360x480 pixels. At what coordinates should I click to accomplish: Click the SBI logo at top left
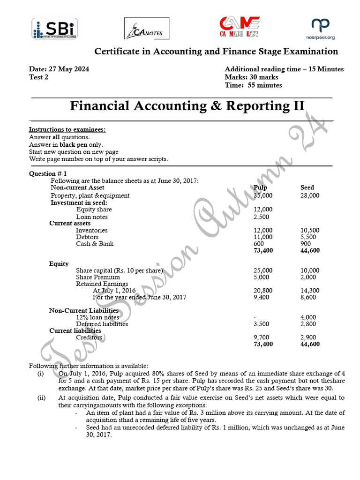(55, 29)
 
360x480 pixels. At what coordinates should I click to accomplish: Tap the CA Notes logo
(146, 29)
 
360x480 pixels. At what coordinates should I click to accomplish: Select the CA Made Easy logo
(240, 27)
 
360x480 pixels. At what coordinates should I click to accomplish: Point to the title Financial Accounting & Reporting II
(187, 106)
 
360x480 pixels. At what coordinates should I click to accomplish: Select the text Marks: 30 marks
(251, 77)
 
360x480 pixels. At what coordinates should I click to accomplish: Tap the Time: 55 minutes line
(253, 85)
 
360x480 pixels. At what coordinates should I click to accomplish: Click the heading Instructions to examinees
(67, 129)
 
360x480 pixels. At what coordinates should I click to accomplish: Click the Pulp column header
(260, 188)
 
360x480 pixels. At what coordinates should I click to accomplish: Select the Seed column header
(307, 188)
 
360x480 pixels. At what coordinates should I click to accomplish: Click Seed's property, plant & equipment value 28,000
(309, 195)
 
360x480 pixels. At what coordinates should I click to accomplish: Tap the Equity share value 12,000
(262, 210)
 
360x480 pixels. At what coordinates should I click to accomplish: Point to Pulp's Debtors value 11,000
(262, 237)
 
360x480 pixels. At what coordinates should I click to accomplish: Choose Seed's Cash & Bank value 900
(306, 244)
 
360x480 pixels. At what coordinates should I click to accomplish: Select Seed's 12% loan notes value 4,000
(308, 317)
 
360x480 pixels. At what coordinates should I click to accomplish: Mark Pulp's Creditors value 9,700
(261, 337)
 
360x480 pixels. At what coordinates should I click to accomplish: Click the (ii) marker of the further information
(41, 398)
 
